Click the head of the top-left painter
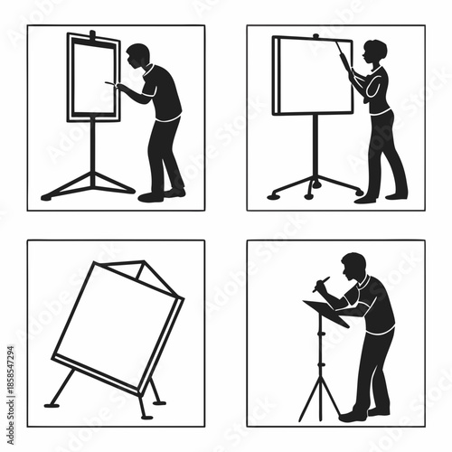coord(138,57)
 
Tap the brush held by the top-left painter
coord(110,84)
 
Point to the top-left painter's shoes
coord(163,194)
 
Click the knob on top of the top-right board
coord(315,35)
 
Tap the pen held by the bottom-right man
coord(322,285)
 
